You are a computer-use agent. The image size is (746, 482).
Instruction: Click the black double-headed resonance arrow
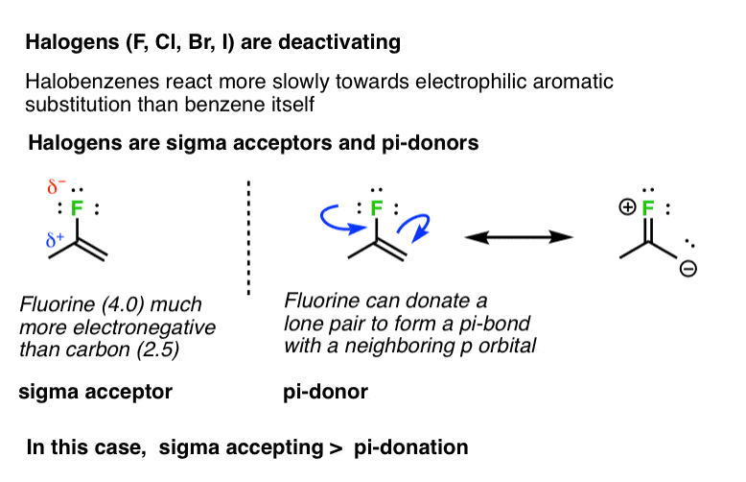coord(520,236)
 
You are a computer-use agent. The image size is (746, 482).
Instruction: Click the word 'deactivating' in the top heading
coord(346,43)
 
